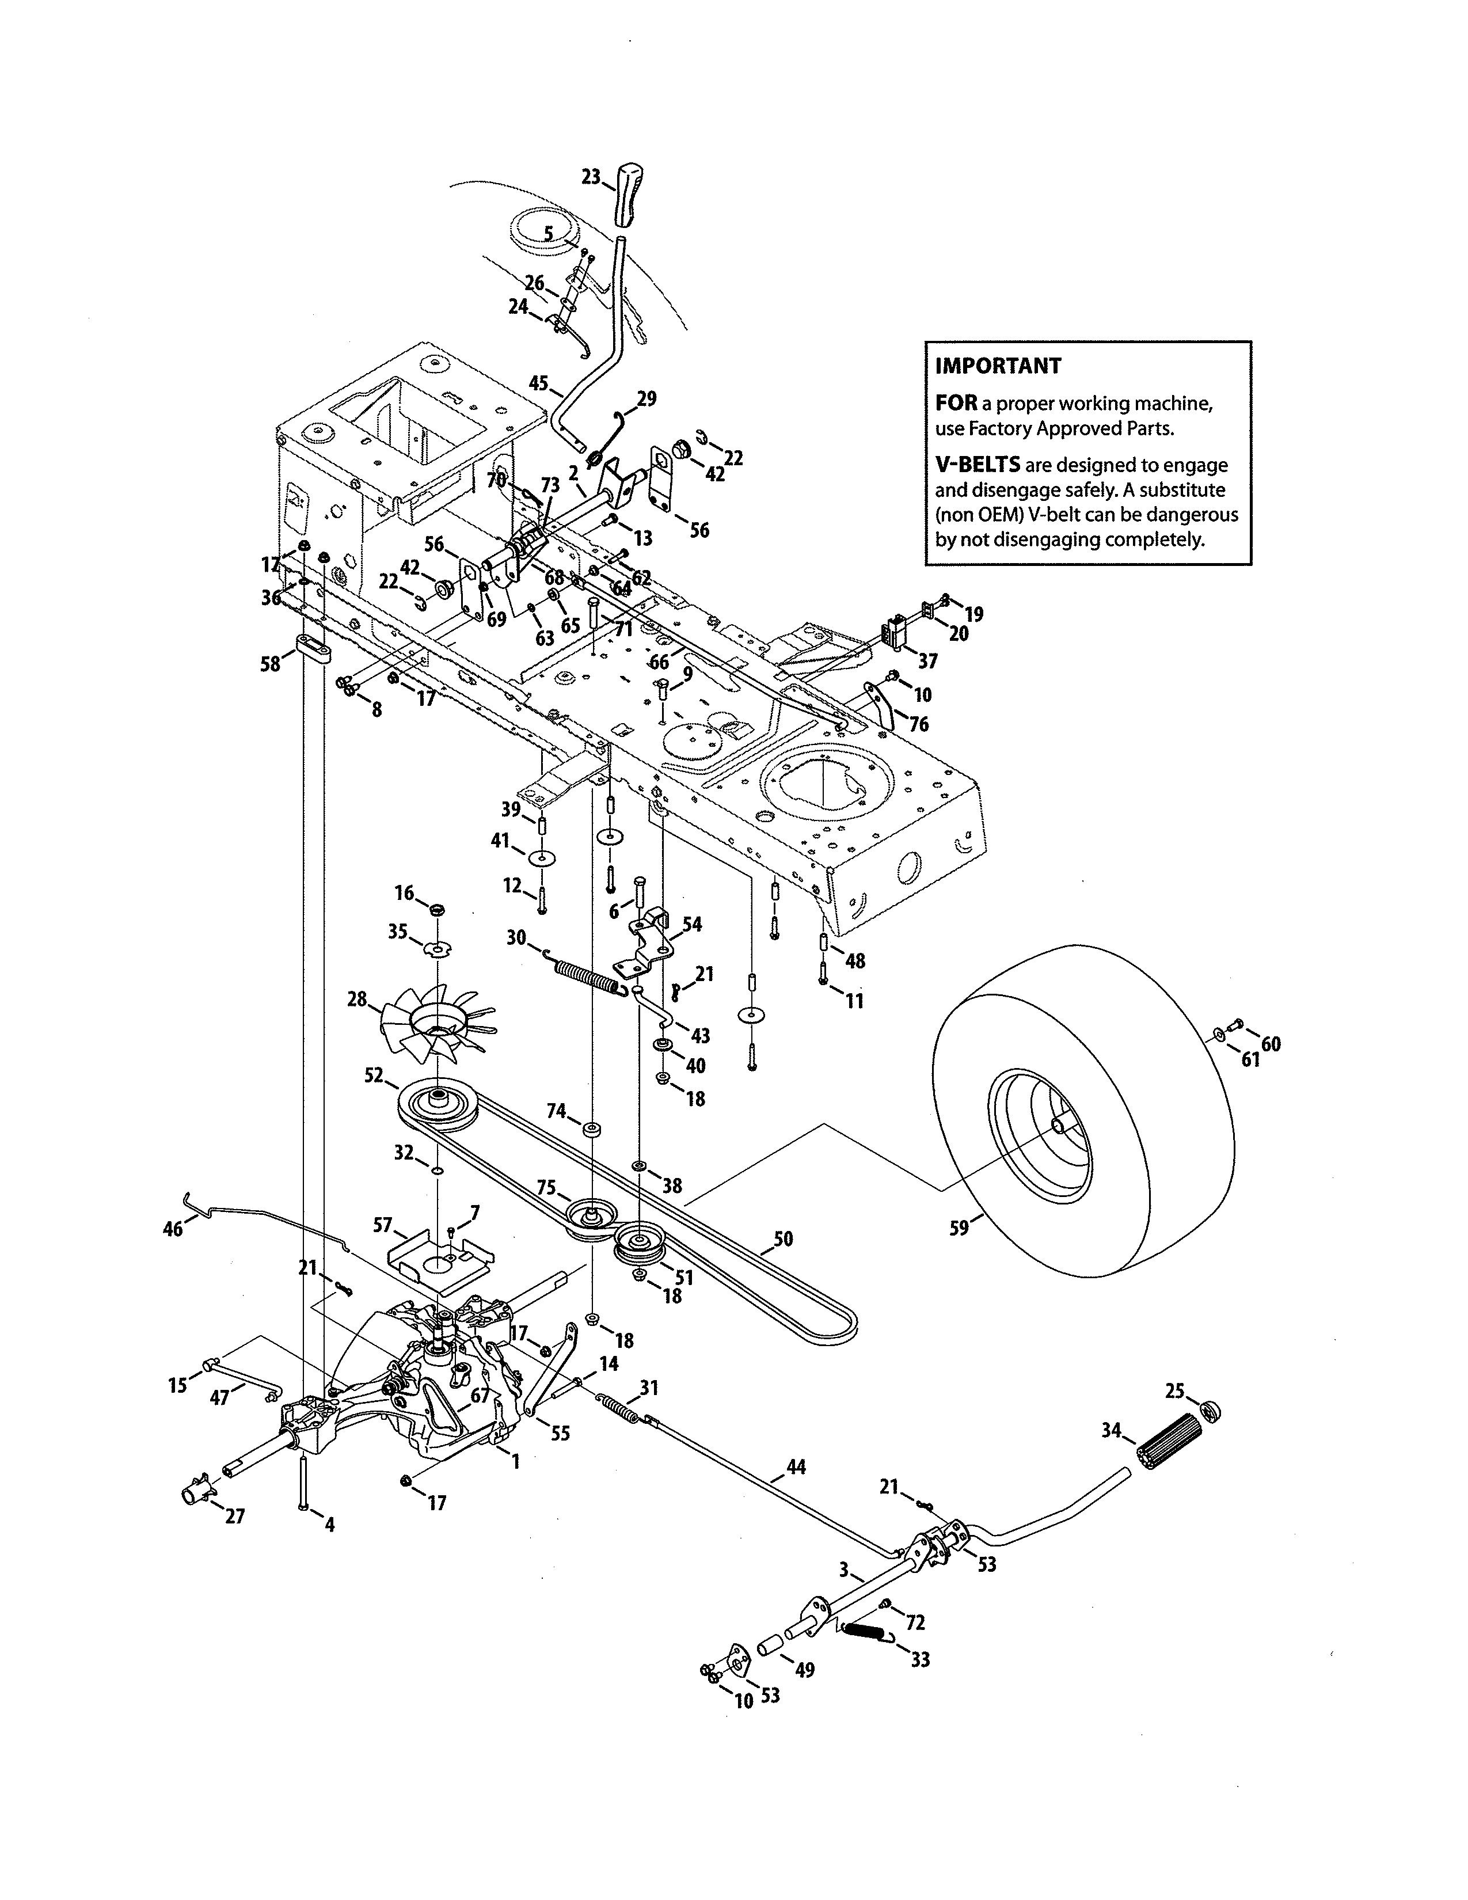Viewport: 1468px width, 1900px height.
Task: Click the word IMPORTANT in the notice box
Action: pyautogui.click(x=998, y=366)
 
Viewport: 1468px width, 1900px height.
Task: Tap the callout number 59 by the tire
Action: pyautogui.click(x=959, y=1229)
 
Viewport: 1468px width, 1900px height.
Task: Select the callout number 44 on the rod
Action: pyautogui.click(x=795, y=1468)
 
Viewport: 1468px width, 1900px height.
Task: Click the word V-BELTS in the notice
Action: pyautogui.click(x=976, y=465)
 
